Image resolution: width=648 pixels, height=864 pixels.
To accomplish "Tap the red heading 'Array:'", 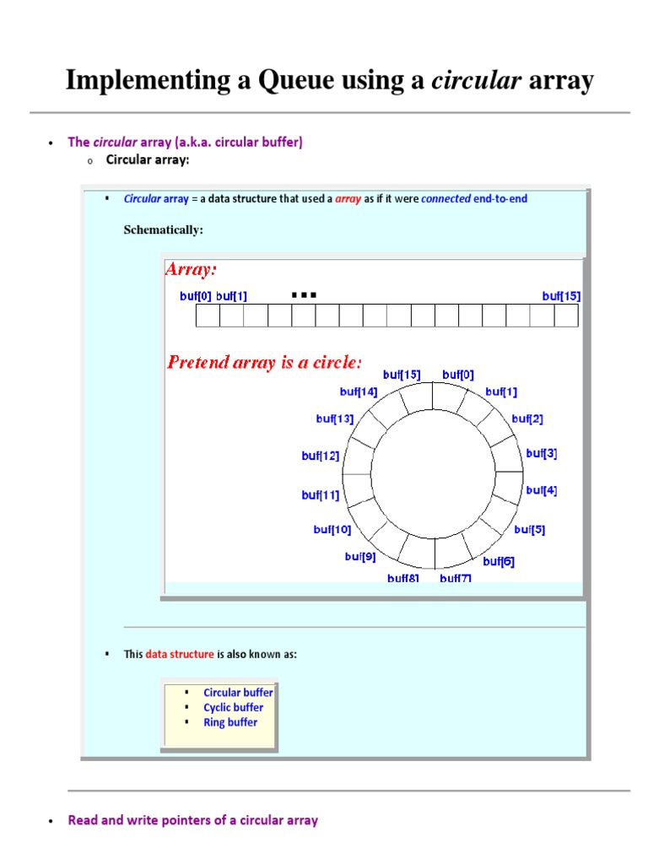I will [191, 269].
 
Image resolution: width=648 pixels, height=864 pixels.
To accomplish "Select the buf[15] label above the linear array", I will [561, 296].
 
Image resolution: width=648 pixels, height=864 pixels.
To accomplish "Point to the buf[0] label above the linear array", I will [196, 296].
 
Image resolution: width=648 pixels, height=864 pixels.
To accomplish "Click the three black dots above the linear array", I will [304, 295].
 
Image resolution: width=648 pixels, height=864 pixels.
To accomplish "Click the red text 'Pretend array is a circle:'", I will [265, 363].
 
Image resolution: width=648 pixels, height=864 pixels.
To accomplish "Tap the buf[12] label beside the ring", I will [321, 456].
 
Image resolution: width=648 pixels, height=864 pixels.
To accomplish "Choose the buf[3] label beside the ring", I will [542, 453].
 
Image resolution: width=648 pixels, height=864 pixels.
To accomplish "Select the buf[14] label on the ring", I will [359, 391].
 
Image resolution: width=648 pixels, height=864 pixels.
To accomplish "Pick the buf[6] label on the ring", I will [499, 561].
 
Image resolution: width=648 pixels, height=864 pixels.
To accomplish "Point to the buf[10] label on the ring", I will [332, 530].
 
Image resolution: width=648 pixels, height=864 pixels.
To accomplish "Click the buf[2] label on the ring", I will [527, 418].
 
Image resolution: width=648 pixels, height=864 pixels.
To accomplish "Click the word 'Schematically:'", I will [164, 229].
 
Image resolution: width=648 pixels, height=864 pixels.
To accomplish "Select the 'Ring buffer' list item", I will [230, 722].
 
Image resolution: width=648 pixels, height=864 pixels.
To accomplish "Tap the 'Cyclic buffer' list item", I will [233, 708].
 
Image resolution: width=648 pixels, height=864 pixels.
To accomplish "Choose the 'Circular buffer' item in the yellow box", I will [238, 693].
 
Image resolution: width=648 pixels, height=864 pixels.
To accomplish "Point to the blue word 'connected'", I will [445, 199].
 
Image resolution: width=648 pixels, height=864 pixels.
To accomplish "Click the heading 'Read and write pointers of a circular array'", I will [193, 820].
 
